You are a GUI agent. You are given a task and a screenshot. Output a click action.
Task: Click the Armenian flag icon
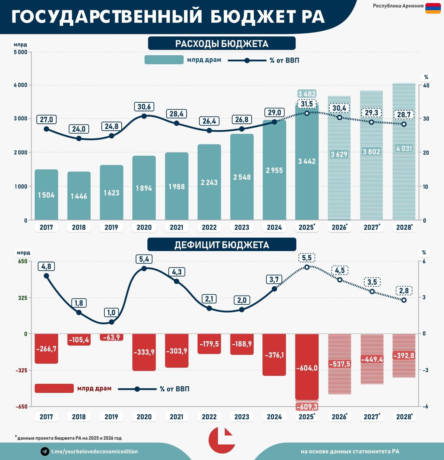(433, 8)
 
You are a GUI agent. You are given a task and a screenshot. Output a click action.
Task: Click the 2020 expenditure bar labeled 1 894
(144, 188)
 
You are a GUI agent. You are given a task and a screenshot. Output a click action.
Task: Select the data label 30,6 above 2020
(144, 107)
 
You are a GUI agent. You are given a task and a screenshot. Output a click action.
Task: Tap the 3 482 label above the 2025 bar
(307, 94)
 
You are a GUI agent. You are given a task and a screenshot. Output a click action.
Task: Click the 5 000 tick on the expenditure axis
(20, 52)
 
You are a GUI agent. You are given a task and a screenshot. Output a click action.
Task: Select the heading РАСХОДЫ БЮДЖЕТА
(221, 44)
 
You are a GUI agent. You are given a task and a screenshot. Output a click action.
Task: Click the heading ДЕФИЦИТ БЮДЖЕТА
(221, 245)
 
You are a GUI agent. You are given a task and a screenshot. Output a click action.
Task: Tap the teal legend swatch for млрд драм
(164, 60)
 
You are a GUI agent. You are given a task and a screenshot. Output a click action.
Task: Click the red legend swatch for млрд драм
(54, 388)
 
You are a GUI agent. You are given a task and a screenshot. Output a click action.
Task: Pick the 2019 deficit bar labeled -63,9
(111, 337)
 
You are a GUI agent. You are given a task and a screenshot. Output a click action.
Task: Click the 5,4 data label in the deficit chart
(144, 260)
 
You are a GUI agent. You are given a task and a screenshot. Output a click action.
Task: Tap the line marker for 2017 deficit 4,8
(46, 276)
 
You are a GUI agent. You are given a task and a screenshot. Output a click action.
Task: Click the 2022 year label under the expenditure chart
(209, 227)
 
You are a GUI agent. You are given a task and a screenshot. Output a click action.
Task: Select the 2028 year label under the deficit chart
(404, 417)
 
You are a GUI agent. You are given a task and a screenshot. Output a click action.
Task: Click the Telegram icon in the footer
(45, 451)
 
